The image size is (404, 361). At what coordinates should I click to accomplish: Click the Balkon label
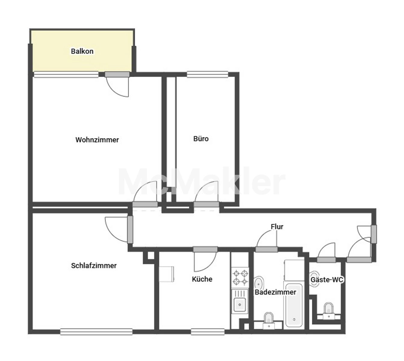click(x=82, y=51)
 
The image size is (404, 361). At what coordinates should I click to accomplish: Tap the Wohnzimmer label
click(x=97, y=140)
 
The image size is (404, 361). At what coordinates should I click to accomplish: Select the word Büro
click(x=201, y=139)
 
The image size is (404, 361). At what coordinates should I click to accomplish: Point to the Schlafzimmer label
click(x=94, y=265)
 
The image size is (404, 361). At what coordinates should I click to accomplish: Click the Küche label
click(x=202, y=279)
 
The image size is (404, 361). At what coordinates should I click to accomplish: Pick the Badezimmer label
click(x=275, y=292)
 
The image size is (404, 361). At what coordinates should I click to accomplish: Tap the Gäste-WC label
click(x=327, y=280)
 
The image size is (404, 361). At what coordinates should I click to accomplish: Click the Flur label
click(x=277, y=227)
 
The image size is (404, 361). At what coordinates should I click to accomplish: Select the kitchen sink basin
click(x=240, y=304)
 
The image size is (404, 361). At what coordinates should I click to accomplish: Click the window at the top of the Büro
click(x=207, y=74)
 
